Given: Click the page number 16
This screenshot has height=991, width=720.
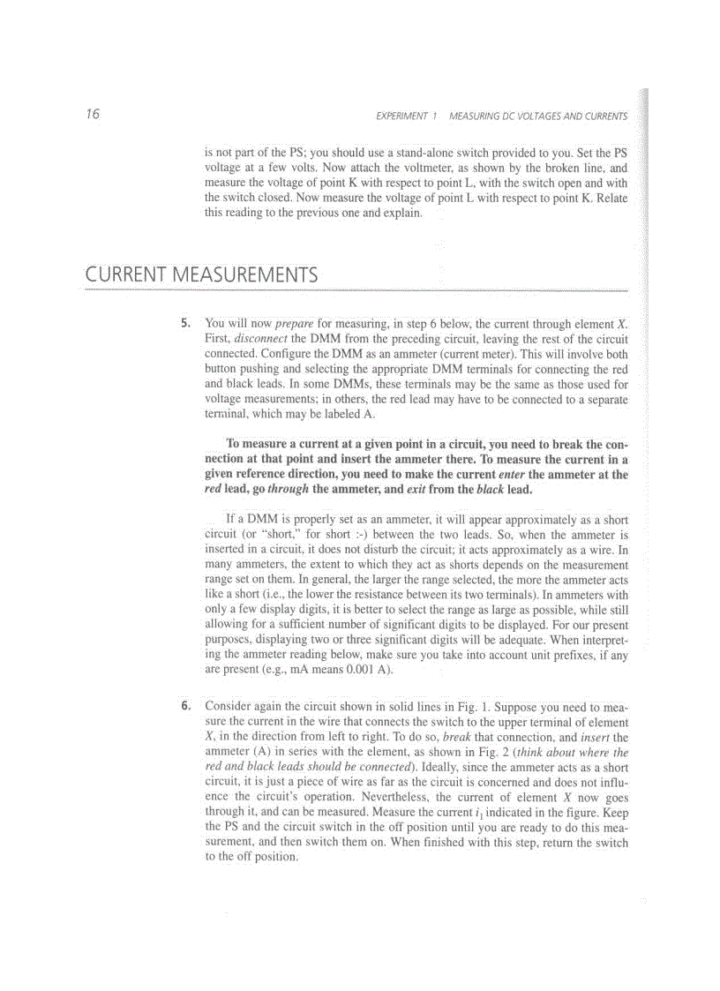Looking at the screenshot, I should coord(93,115).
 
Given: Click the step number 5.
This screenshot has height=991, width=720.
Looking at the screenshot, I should coord(185,324).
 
